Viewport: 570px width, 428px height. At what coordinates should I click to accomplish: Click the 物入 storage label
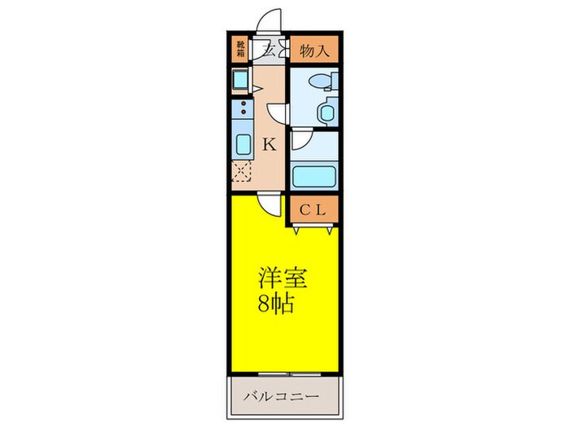(x=313, y=51)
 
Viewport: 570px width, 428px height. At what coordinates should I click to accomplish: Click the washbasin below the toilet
(x=327, y=111)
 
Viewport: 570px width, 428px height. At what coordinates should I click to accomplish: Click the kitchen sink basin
(x=241, y=146)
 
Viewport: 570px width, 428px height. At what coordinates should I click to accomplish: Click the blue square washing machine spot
(x=241, y=80)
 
